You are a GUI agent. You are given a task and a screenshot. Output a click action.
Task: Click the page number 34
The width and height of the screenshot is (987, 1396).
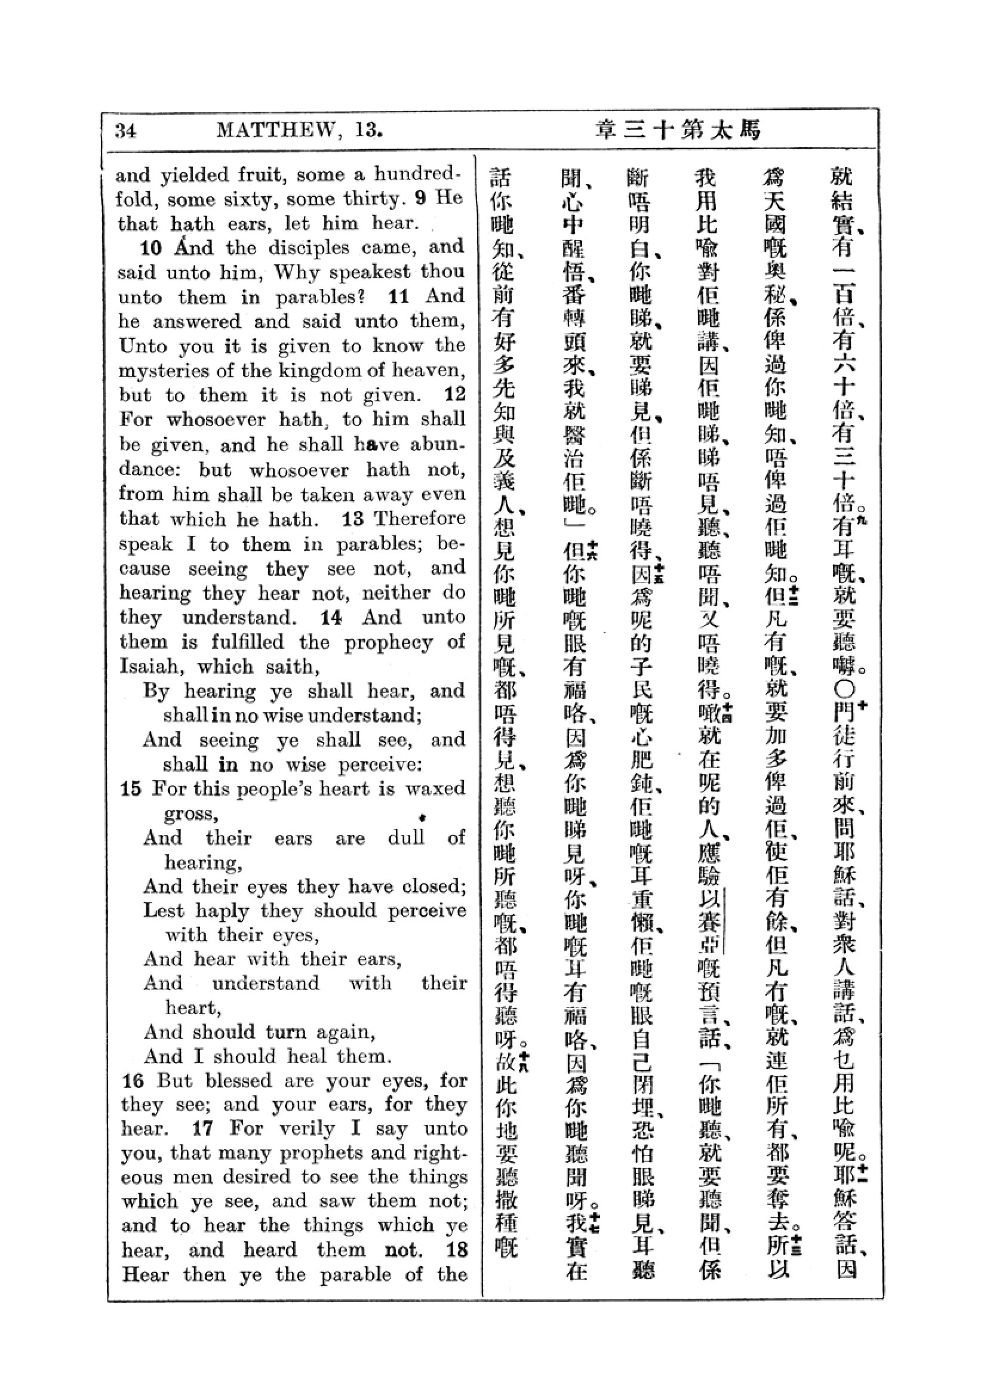pyautogui.click(x=126, y=131)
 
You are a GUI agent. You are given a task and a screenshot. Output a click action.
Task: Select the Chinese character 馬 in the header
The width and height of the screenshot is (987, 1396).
pyautogui.click(x=751, y=130)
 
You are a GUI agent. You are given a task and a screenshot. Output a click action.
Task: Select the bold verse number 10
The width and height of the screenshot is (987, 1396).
pyautogui.click(x=151, y=248)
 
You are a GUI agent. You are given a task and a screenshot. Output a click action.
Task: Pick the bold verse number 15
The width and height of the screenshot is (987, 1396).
pyautogui.click(x=131, y=789)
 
